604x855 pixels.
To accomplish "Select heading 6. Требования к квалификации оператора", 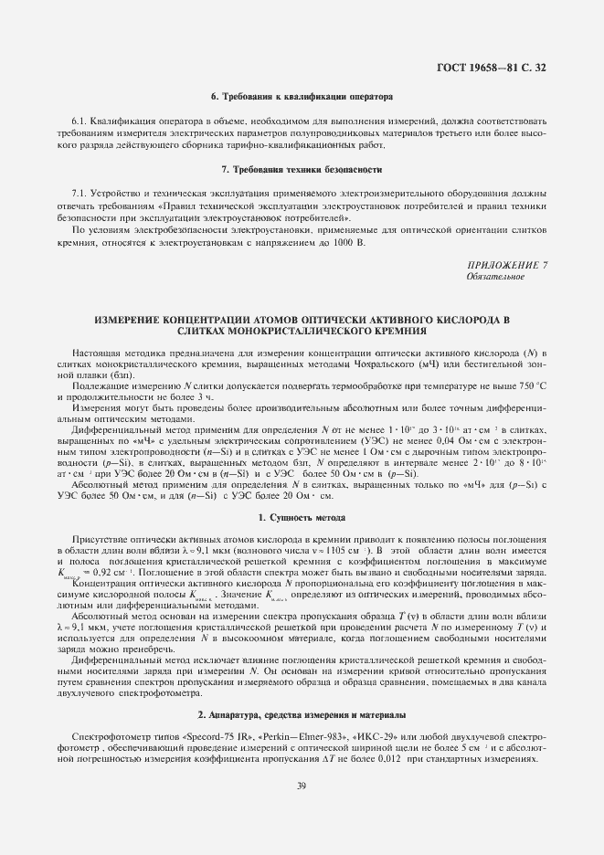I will tap(301, 96).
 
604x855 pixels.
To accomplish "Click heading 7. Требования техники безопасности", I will tap(301, 171).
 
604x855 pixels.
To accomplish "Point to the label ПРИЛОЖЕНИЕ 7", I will tap(506, 265).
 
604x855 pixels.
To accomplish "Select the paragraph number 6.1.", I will tap(79, 121).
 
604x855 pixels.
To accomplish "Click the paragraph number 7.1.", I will tap(79, 195).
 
